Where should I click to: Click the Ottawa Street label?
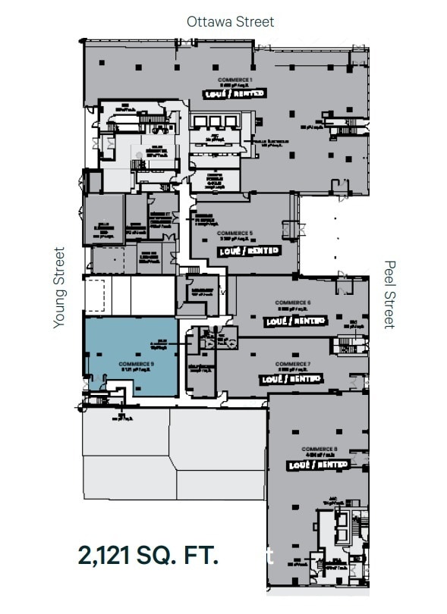click(x=230, y=21)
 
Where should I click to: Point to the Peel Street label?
click(x=389, y=294)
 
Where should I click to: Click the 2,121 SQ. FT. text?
click(x=149, y=554)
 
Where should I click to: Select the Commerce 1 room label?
click(x=235, y=80)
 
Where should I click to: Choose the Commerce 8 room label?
click(x=319, y=448)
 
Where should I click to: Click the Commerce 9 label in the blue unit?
click(x=137, y=364)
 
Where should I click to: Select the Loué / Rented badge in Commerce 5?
click(x=249, y=250)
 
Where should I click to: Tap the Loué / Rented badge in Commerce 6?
click(x=295, y=321)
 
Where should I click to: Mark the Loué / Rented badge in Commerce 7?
click(x=291, y=377)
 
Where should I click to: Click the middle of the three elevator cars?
click(x=219, y=121)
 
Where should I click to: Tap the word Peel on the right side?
click(x=389, y=275)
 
